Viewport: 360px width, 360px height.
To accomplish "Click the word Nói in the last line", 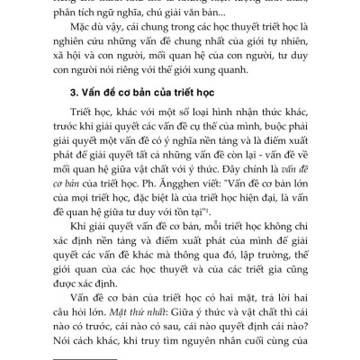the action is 71,347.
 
